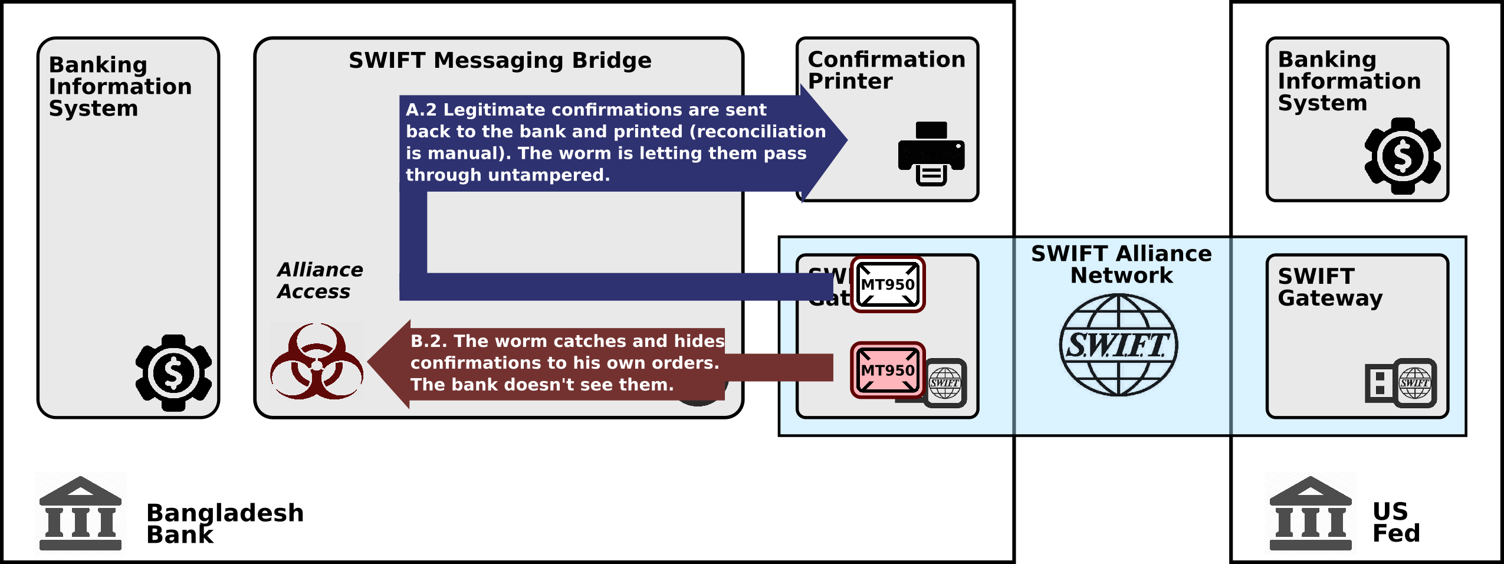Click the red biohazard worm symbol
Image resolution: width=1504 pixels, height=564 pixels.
pyautogui.click(x=317, y=361)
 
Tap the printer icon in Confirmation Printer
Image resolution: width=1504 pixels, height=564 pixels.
pyautogui.click(x=931, y=154)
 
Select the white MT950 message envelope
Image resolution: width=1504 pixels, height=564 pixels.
pyautogui.click(x=888, y=285)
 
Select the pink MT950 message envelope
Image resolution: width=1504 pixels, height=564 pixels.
pyautogui.click(x=888, y=370)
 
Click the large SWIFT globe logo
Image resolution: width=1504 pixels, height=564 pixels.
pyautogui.click(x=1118, y=345)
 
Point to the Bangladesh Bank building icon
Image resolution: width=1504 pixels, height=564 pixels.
pyautogui.click(x=80, y=513)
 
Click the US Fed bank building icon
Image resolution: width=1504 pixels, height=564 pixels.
pyautogui.click(x=1311, y=513)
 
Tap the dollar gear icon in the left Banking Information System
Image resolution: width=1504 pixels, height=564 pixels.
pyautogui.click(x=173, y=372)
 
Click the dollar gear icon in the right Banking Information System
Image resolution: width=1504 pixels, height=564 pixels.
pyautogui.click(x=1403, y=156)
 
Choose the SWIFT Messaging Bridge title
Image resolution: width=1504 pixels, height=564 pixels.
pyautogui.click(x=500, y=61)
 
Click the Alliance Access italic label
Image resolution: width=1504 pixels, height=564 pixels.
pyautogui.click(x=320, y=281)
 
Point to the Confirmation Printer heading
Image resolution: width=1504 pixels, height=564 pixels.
pyautogui.click(x=886, y=70)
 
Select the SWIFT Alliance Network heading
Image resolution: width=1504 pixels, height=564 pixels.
pyautogui.click(x=1121, y=264)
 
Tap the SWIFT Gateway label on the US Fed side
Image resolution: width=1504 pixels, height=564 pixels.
pyautogui.click(x=1330, y=287)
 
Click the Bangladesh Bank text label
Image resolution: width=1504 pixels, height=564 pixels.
pyautogui.click(x=224, y=523)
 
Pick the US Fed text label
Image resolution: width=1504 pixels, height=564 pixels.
pyautogui.click(x=1395, y=522)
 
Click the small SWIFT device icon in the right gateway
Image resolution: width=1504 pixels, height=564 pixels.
pyautogui.click(x=1401, y=383)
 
